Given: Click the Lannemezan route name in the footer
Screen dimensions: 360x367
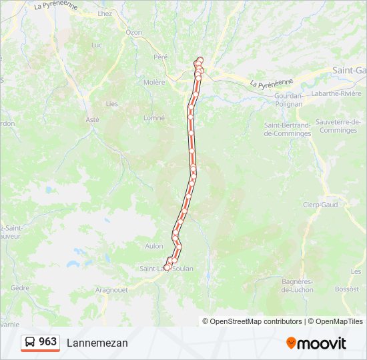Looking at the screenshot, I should [97, 343].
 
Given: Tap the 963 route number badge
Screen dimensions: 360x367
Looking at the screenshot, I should [47, 342].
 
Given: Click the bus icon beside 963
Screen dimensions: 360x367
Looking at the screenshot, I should [30, 343].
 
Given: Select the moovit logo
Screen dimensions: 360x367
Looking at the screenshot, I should [316, 343].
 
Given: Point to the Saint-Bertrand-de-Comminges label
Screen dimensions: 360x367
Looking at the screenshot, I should [288, 129].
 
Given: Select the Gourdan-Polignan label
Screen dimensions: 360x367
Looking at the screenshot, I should [288, 99].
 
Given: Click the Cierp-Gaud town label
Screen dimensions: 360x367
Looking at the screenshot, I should [320, 205].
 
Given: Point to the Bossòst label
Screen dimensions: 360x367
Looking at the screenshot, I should [346, 289].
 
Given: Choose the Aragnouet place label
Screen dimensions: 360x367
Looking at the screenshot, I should [111, 290].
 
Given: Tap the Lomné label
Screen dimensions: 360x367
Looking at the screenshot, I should [154, 117].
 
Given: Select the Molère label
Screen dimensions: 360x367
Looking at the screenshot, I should [153, 82].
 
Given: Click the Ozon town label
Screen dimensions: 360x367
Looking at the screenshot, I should [134, 32].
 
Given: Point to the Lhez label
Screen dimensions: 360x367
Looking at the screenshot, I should [105, 13].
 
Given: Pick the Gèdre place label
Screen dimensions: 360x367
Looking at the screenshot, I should [20, 288].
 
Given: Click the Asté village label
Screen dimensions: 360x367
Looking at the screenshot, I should [92, 119].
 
